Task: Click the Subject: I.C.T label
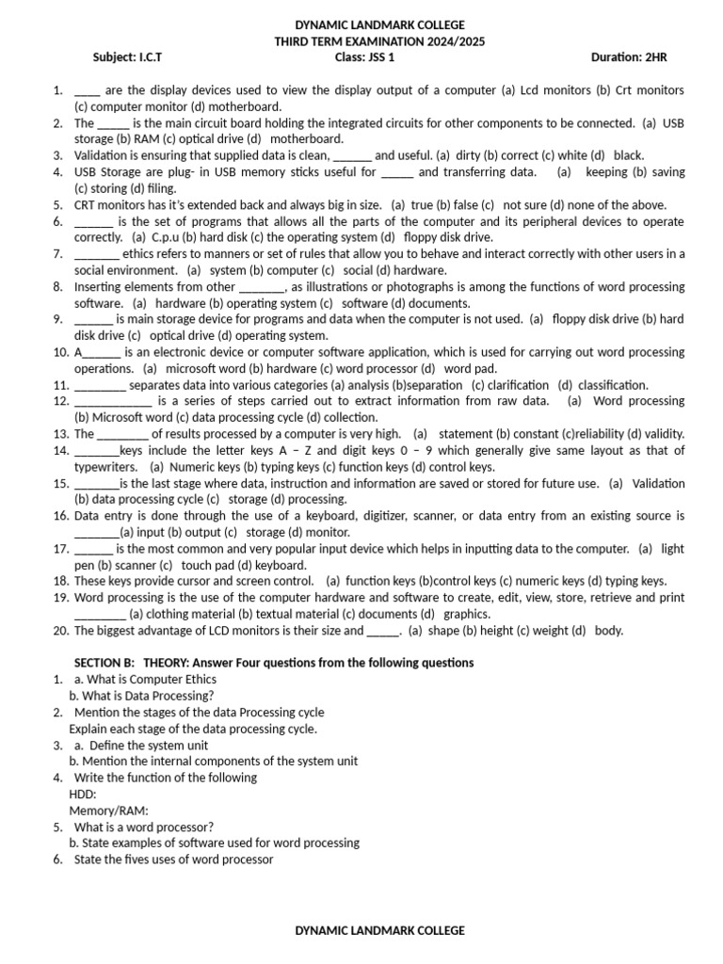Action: click(x=128, y=57)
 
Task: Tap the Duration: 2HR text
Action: click(x=629, y=57)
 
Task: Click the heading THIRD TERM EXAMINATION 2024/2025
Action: click(x=380, y=41)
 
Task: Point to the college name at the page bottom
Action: click(x=380, y=930)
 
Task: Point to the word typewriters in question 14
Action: click(x=105, y=467)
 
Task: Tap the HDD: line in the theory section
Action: click(x=83, y=794)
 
